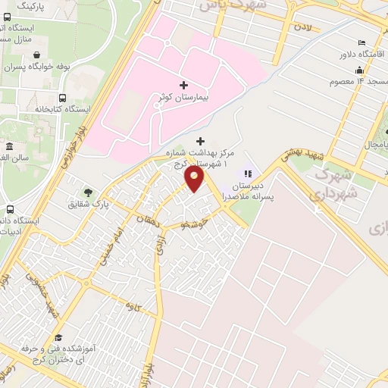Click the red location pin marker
(195, 178)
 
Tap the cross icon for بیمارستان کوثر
(183, 85)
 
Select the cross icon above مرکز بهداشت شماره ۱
(200, 141)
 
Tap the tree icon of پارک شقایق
(88, 192)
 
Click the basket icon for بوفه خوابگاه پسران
(37, 55)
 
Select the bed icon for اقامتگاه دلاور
(362, 43)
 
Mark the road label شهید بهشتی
(307, 152)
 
